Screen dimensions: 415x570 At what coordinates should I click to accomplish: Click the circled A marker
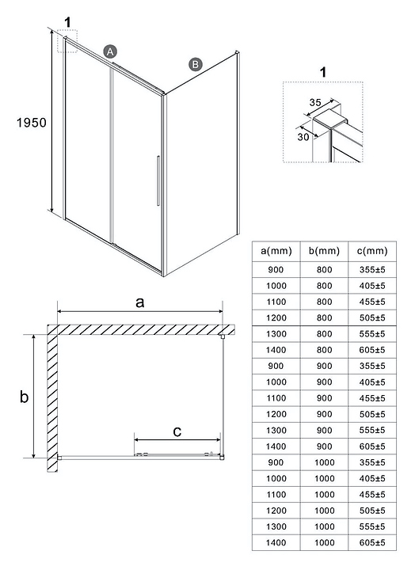click(x=110, y=51)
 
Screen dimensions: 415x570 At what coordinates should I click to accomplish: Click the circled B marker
click(x=196, y=64)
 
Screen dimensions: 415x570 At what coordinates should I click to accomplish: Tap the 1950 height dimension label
click(x=32, y=123)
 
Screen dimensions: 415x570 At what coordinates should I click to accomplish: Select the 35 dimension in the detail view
click(x=315, y=102)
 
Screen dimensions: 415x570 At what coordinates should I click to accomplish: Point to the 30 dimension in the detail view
click(x=303, y=137)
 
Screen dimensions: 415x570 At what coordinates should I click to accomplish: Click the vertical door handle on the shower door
click(x=158, y=180)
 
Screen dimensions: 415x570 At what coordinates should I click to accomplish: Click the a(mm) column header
click(x=276, y=251)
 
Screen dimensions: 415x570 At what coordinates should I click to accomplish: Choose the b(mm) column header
click(x=324, y=251)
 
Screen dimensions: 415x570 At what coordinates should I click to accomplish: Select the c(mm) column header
click(x=372, y=251)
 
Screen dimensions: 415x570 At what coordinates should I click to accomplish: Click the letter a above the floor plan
click(x=139, y=302)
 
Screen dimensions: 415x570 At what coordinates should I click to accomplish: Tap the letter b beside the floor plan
click(x=24, y=397)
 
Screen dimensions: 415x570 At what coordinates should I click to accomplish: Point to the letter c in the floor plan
click(x=177, y=431)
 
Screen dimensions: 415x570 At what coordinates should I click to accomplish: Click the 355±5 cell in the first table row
click(x=372, y=270)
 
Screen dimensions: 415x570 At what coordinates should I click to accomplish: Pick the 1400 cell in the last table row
click(x=276, y=543)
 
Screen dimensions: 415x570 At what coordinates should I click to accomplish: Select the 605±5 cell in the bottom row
click(x=372, y=543)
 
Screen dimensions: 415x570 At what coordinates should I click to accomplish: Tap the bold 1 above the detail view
click(x=323, y=72)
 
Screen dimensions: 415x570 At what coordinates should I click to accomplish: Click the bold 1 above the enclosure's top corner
click(x=67, y=22)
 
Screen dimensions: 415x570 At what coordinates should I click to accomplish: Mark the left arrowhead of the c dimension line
click(x=137, y=440)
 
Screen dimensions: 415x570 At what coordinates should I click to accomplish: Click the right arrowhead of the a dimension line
click(x=220, y=311)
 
